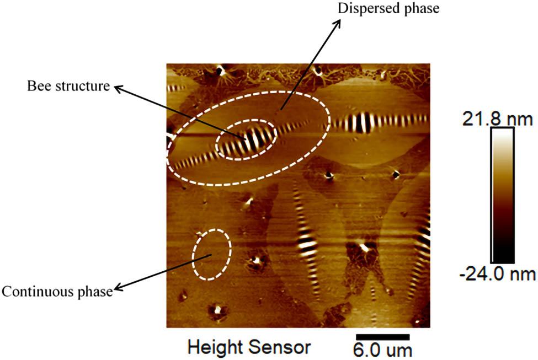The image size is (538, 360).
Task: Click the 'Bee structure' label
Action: pyautogui.click(x=68, y=85)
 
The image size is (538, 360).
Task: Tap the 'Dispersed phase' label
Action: pyautogui.click(x=388, y=9)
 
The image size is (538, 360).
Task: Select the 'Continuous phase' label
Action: pyautogui.click(x=57, y=292)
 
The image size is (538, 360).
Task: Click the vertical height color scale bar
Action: pyautogui.click(x=503, y=195)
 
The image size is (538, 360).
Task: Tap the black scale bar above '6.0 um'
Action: pyautogui.click(x=383, y=337)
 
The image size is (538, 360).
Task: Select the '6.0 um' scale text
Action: pyautogui.click(x=382, y=351)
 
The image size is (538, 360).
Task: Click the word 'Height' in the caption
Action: pyautogui.click(x=215, y=348)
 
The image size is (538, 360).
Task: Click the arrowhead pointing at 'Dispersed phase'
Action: pyautogui.click(x=338, y=23)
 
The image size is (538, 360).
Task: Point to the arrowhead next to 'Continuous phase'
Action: pyautogui.click(x=118, y=288)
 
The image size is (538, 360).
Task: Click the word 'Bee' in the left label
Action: pyautogui.click(x=39, y=85)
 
